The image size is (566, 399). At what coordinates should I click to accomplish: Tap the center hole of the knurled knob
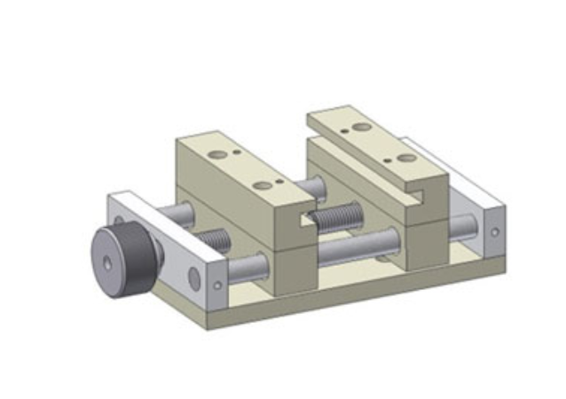(x=106, y=263)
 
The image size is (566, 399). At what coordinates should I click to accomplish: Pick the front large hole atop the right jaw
(x=406, y=158)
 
